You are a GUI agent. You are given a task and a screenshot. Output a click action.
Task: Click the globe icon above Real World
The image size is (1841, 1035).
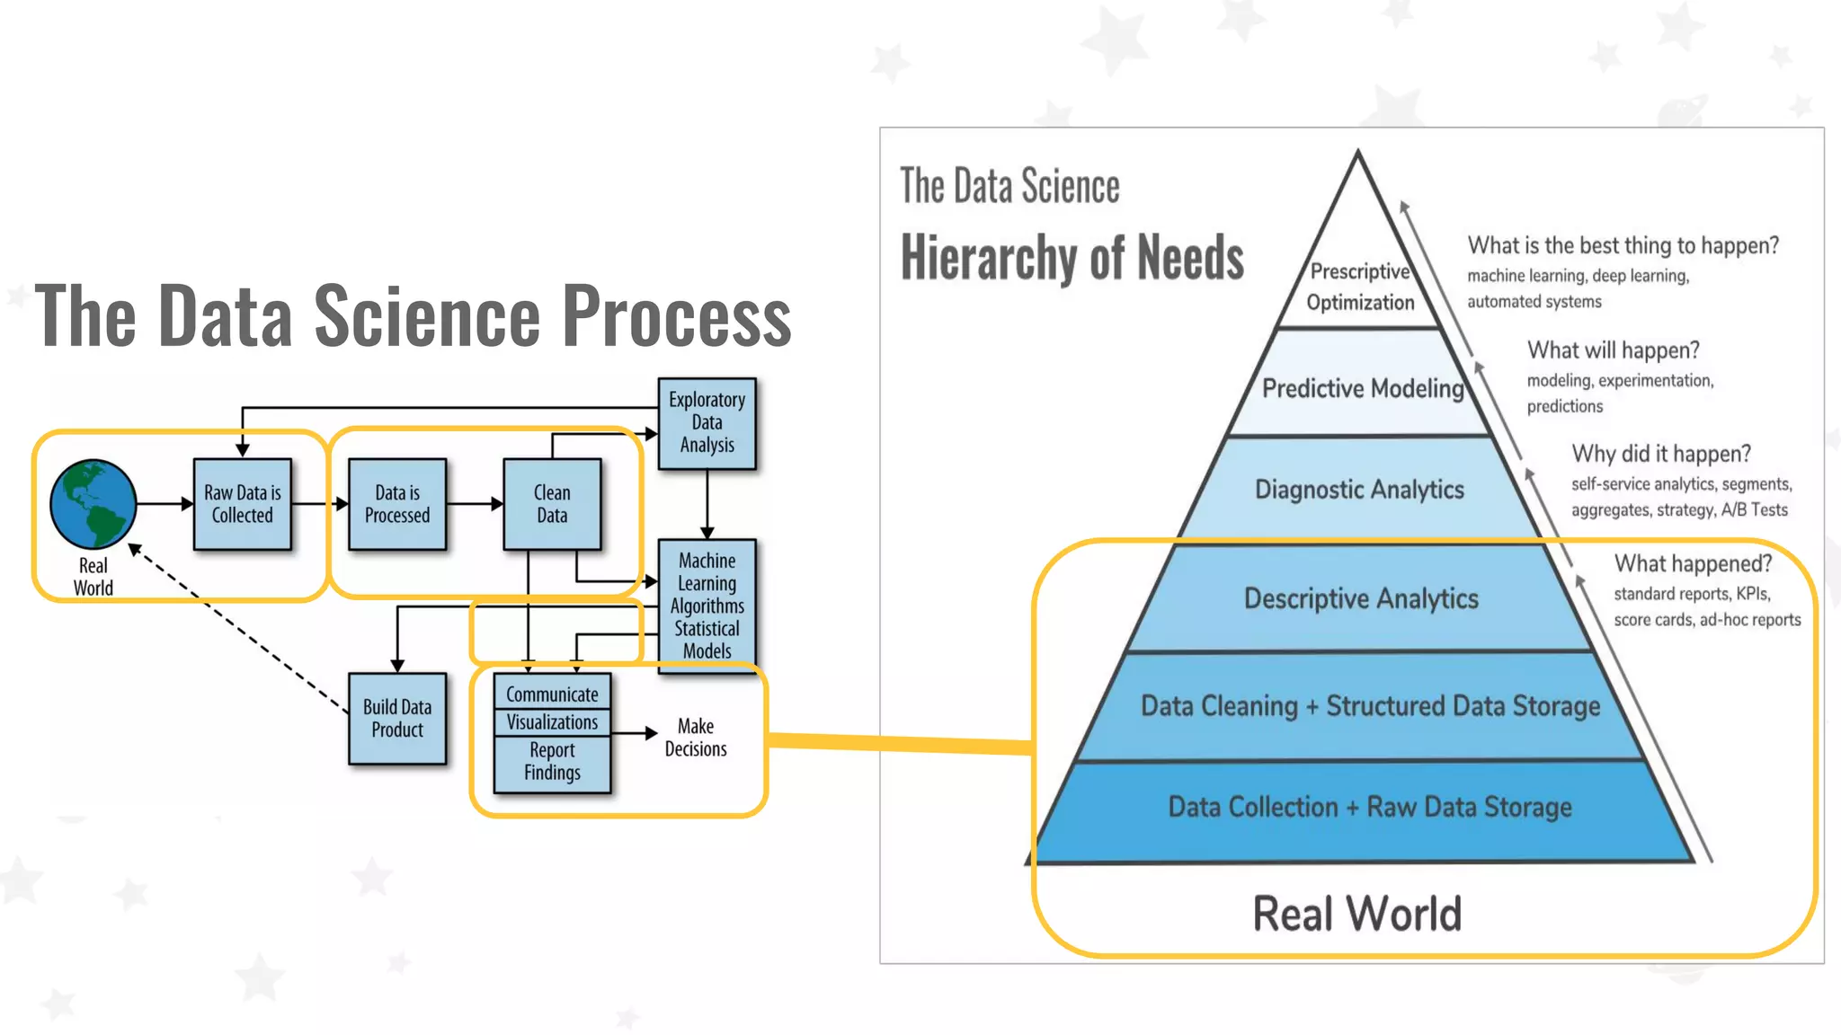click(93, 504)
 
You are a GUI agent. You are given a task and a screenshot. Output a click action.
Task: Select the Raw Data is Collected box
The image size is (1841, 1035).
click(242, 504)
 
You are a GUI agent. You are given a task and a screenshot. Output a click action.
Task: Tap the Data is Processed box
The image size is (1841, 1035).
click(396, 504)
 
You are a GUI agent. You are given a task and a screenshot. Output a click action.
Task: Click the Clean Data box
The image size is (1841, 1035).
click(551, 504)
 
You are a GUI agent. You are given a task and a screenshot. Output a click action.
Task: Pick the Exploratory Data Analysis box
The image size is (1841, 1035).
click(707, 423)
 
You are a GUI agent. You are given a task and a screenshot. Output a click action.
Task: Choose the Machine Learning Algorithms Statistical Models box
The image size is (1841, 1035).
click(707, 605)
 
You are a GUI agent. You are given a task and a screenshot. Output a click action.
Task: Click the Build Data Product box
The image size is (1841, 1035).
click(396, 718)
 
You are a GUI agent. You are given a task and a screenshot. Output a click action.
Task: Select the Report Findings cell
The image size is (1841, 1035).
click(552, 762)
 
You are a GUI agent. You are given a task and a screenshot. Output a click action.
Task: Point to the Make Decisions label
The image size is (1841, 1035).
click(695, 738)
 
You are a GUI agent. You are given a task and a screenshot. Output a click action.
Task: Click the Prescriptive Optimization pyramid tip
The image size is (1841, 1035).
click(1359, 287)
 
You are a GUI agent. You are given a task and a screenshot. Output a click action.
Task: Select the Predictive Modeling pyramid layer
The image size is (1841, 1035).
click(1362, 388)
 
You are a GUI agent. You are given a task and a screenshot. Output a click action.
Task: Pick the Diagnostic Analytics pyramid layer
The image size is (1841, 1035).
click(1359, 490)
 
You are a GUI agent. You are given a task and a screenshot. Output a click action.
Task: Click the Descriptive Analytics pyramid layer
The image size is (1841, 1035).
click(1360, 598)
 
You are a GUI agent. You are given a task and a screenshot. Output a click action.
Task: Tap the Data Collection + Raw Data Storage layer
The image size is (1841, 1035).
click(1369, 807)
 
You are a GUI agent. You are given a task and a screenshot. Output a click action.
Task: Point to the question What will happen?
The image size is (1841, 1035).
click(1613, 350)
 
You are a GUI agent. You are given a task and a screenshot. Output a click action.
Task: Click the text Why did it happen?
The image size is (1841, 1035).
click(1660, 454)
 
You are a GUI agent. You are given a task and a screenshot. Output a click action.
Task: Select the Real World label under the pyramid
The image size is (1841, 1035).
click(1356, 914)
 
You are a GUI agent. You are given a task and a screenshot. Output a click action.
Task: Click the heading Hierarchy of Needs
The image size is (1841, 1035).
click(1072, 258)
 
